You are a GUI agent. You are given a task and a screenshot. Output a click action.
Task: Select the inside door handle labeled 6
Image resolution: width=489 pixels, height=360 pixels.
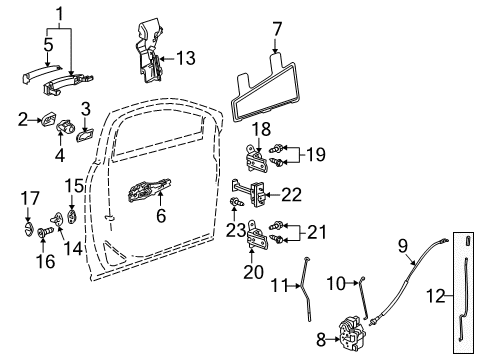click(x=150, y=192)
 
